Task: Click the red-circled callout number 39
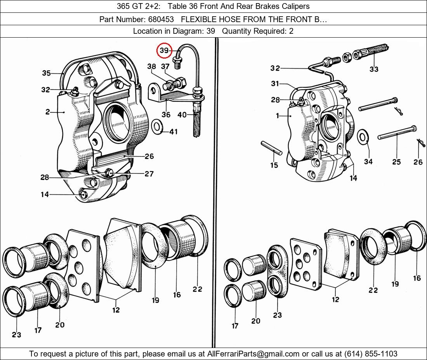[x=164, y=51]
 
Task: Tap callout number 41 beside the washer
[x=173, y=132]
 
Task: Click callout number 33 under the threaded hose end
[x=374, y=69]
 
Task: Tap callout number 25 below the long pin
[x=396, y=162]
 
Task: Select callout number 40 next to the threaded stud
[x=182, y=114]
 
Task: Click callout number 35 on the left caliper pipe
[x=46, y=73]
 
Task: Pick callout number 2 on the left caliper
[x=47, y=112]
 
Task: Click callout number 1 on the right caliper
[x=278, y=116]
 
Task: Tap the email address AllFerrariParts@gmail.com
[x=254, y=354]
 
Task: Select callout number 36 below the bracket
[x=166, y=115]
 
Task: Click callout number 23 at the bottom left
[x=16, y=334]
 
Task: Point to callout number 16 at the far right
[x=417, y=278]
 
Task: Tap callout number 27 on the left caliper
[x=149, y=174]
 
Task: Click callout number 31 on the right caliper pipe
[x=275, y=84]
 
